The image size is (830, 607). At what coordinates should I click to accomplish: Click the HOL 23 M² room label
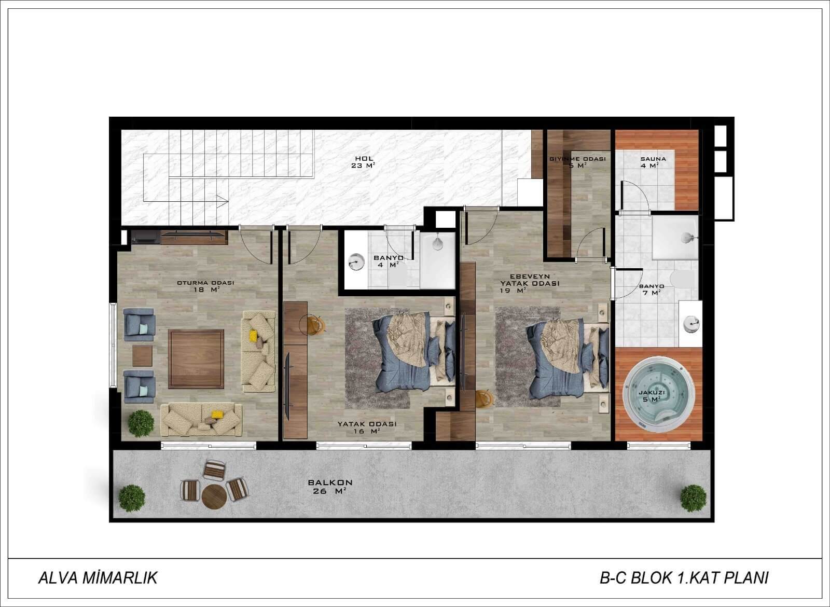click(x=363, y=162)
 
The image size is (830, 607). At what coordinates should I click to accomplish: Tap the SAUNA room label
click(x=653, y=159)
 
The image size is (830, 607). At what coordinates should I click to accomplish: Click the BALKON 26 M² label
click(x=330, y=487)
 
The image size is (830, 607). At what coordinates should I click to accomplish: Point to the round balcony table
click(x=214, y=497)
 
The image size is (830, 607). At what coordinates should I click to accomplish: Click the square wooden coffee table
click(x=196, y=358)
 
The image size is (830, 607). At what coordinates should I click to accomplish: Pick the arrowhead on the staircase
click(x=223, y=201)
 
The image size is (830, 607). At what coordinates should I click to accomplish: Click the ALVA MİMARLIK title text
click(x=98, y=578)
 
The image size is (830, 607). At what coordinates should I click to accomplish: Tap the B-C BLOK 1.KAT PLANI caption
click(x=684, y=578)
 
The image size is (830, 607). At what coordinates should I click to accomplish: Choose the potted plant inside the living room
click(x=141, y=423)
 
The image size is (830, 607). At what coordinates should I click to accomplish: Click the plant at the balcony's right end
click(x=693, y=498)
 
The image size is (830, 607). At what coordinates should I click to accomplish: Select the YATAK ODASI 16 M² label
click(x=367, y=427)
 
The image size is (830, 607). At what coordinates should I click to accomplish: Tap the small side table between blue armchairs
click(x=142, y=356)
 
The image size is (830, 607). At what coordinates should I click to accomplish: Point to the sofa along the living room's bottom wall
click(x=201, y=420)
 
